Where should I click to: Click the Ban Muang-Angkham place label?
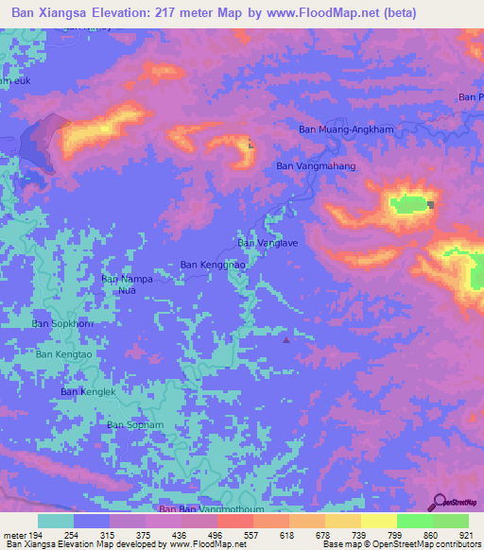click(x=345, y=129)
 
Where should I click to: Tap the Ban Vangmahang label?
click(x=316, y=166)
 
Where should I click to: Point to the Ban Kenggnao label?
click(x=213, y=266)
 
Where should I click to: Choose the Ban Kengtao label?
click(x=64, y=354)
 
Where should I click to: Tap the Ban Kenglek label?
click(x=88, y=391)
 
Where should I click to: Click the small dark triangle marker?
click(x=287, y=340)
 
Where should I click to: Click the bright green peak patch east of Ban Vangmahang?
click(x=408, y=203)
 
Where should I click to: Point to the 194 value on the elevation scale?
click(x=38, y=536)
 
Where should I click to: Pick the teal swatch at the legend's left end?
click(x=55, y=521)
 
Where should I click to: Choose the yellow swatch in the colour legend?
click(x=342, y=521)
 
